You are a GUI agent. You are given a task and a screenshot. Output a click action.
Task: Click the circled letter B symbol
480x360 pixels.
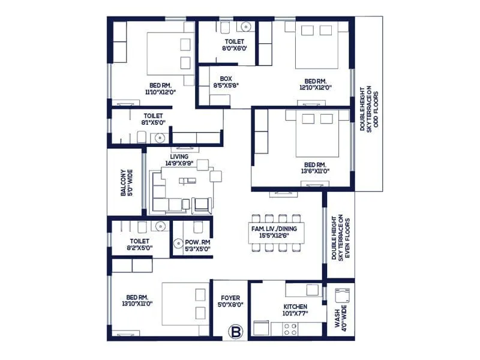coord(235,331)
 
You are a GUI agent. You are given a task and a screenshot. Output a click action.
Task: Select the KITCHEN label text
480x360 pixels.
coord(295,307)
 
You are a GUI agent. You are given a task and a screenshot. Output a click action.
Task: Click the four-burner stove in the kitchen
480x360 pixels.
coord(290,329)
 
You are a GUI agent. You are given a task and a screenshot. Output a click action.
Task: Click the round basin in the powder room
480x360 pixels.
coord(178,244)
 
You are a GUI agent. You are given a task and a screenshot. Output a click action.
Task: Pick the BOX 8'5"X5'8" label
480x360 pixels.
coord(226,82)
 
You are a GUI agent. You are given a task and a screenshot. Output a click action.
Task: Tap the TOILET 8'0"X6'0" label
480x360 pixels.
coord(218,46)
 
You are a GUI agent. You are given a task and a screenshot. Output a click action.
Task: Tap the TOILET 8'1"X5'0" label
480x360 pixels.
coord(153,119)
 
